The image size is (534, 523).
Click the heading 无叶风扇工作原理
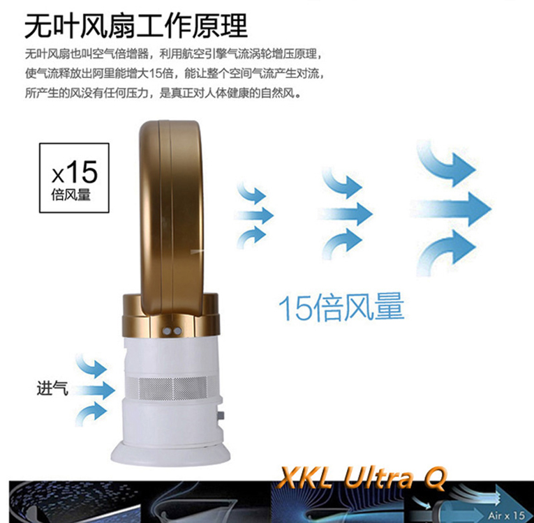pyautogui.click(x=136, y=26)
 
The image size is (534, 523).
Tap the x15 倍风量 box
pyautogui.click(x=74, y=178)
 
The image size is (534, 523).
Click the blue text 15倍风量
pyautogui.click(x=341, y=308)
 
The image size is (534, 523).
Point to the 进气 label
pyautogui.click(x=52, y=388)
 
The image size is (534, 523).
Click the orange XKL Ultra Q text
pyautogui.click(x=362, y=478)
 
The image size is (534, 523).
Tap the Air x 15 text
pyautogui.click(x=507, y=515)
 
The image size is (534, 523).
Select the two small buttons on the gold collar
pyautogui.click(x=172, y=331)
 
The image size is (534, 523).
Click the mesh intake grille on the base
pyautogui.click(x=172, y=388)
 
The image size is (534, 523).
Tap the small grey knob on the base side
pyautogui.click(x=221, y=416)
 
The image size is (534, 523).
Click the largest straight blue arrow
pyautogui.click(x=450, y=209)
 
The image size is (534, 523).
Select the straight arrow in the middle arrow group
pyautogui.click(x=346, y=213)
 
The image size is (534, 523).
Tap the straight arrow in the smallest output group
pyautogui.click(x=255, y=215)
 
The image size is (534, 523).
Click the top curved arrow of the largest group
pyautogui.click(x=446, y=163)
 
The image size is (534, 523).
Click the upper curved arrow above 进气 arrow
pyautogui.click(x=91, y=366)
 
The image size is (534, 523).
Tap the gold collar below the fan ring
pyautogui.click(x=171, y=314)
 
